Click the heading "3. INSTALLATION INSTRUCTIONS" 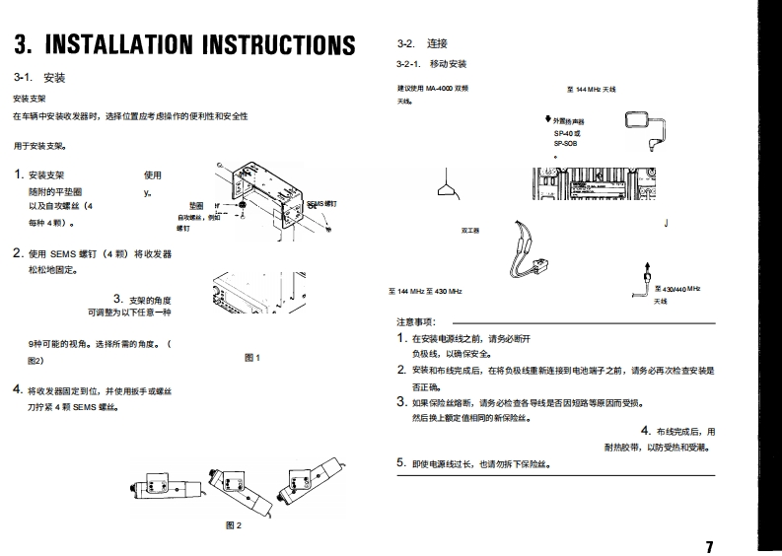(184, 45)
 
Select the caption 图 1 (251, 358)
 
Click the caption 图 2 (234, 524)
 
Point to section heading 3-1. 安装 (39, 77)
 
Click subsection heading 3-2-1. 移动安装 (431, 64)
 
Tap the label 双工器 (469, 231)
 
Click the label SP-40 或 (567, 133)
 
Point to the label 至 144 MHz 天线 (591, 90)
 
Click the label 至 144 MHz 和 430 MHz (425, 292)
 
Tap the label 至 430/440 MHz (677, 288)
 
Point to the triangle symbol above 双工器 (448, 187)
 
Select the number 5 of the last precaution (401, 463)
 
